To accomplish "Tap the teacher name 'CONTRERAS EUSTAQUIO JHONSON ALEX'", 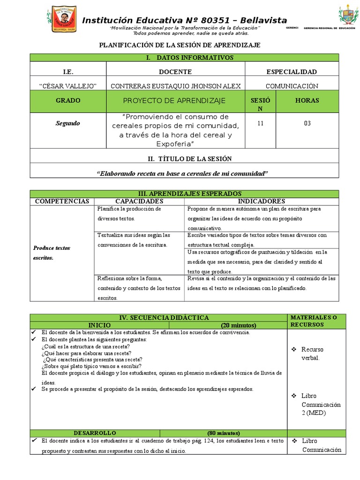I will click(x=175, y=86).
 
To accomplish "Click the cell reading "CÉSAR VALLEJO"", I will click(x=68, y=86).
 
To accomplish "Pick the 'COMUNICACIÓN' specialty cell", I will click(x=292, y=86).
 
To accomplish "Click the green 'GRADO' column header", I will click(x=68, y=101).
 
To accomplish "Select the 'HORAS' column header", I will click(x=307, y=101).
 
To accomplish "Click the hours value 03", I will click(x=307, y=124).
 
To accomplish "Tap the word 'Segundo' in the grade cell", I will click(x=68, y=124).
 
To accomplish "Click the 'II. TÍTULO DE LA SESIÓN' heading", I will click(x=183, y=159).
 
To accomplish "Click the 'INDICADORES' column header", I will click(x=261, y=201).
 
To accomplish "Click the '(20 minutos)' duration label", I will click(x=239, y=325).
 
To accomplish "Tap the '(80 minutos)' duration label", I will click(x=223, y=433).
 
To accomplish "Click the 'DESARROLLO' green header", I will click(x=95, y=433).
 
